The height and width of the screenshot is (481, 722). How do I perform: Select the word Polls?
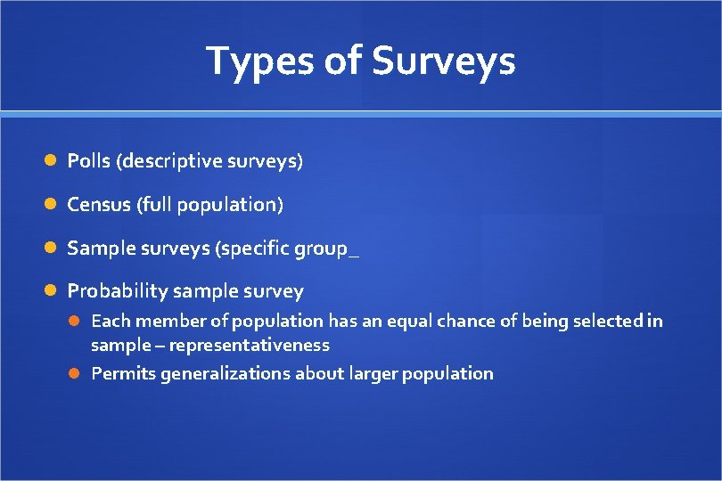pos(89,161)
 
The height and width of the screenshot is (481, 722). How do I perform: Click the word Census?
pos(99,204)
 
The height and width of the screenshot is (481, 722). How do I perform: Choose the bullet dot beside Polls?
pos(52,161)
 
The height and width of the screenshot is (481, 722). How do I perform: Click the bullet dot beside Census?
pos(52,204)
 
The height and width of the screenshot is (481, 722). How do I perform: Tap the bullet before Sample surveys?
pos(52,248)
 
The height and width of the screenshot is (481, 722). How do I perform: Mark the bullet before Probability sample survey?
pos(52,290)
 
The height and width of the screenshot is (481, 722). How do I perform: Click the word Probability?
pos(118,290)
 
